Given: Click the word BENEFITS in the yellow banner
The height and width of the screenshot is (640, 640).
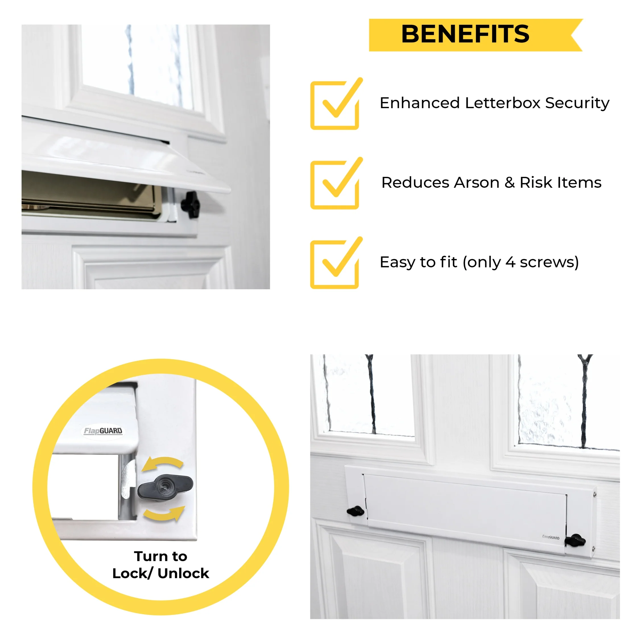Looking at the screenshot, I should click(465, 34).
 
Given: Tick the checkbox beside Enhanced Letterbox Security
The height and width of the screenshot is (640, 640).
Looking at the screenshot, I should click(335, 105).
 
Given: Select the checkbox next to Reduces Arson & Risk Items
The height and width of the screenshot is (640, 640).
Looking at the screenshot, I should click(335, 185).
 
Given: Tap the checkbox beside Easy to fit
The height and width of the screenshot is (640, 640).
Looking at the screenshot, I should click(335, 264).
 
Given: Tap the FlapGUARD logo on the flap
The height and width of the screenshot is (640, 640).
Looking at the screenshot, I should click(103, 431).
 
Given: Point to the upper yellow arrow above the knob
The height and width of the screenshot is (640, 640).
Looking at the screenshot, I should click(162, 463).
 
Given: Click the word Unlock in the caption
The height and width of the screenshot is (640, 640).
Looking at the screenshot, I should click(183, 573).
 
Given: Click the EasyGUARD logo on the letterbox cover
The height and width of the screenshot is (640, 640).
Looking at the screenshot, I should click(551, 537).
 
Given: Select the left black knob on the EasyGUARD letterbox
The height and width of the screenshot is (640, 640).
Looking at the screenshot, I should click(356, 511).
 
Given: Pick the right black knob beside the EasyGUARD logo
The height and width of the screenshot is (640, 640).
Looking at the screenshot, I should click(575, 541).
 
